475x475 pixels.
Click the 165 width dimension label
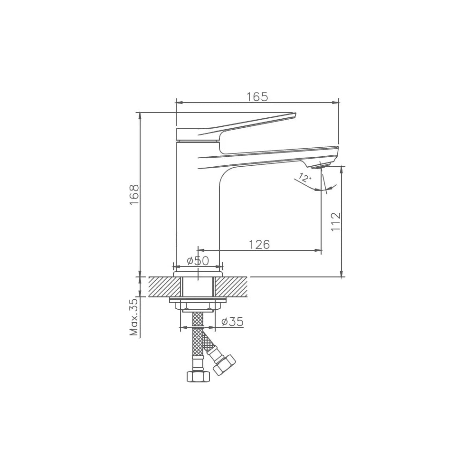coord(257,96)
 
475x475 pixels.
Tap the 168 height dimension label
coord(134,195)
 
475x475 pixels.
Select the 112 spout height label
coord(336,222)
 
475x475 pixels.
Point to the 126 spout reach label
coord(259,245)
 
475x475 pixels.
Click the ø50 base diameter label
coord(198,260)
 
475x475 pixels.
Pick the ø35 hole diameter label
coord(232,322)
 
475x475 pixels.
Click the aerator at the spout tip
coord(320,166)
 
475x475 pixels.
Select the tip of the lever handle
coord(295,114)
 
